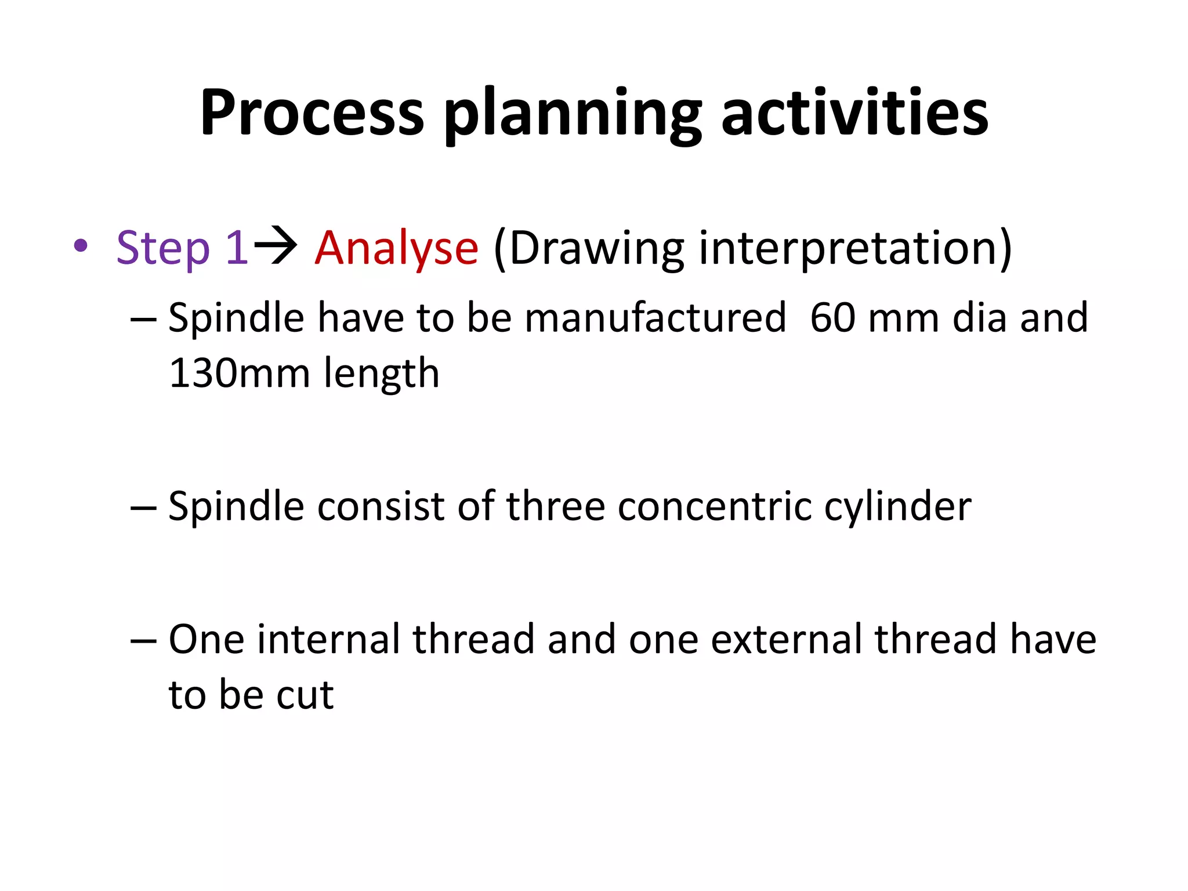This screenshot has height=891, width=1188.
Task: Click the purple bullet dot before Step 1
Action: point(81,245)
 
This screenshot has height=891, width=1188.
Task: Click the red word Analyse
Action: point(396,249)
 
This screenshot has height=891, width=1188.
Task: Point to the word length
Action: point(381,374)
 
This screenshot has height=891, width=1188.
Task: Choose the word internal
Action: point(328,639)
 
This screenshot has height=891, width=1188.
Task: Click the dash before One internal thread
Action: point(143,640)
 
